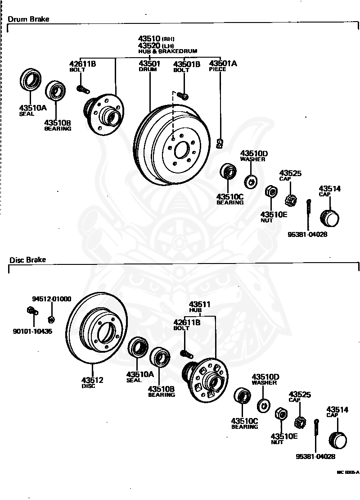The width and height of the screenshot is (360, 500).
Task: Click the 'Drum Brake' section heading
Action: pyautogui.click(x=28, y=19)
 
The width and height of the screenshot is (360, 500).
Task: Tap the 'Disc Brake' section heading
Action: pyautogui.click(x=28, y=260)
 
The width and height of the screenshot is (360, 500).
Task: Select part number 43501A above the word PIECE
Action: pyautogui.click(x=223, y=64)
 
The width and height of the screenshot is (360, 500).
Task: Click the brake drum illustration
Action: pyautogui.click(x=172, y=145)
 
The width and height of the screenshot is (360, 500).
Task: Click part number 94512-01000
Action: pyautogui.click(x=52, y=299)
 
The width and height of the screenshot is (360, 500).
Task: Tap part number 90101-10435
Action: pyautogui.click(x=32, y=332)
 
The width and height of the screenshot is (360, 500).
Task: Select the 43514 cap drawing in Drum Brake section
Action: pyautogui.click(x=329, y=218)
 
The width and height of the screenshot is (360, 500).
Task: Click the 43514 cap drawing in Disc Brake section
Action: pyautogui.click(x=337, y=441)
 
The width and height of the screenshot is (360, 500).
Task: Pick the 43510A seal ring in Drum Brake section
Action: pyautogui.click(x=30, y=80)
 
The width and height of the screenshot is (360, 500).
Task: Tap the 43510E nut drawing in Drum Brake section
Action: pyautogui.click(x=271, y=191)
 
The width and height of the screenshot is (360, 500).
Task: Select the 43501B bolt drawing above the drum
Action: pyautogui.click(x=183, y=95)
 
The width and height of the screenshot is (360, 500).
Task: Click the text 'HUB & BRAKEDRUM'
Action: pyautogui.click(x=167, y=51)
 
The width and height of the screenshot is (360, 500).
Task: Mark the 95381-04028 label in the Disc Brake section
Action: pyautogui.click(x=315, y=456)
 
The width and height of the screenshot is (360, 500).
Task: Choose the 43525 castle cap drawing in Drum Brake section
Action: pyautogui.click(x=291, y=200)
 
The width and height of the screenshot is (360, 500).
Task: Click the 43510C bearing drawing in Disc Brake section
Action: pyautogui.click(x=242, y=396)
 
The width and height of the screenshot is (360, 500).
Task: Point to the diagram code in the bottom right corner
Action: pyautogui.click(x=348, y=472)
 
